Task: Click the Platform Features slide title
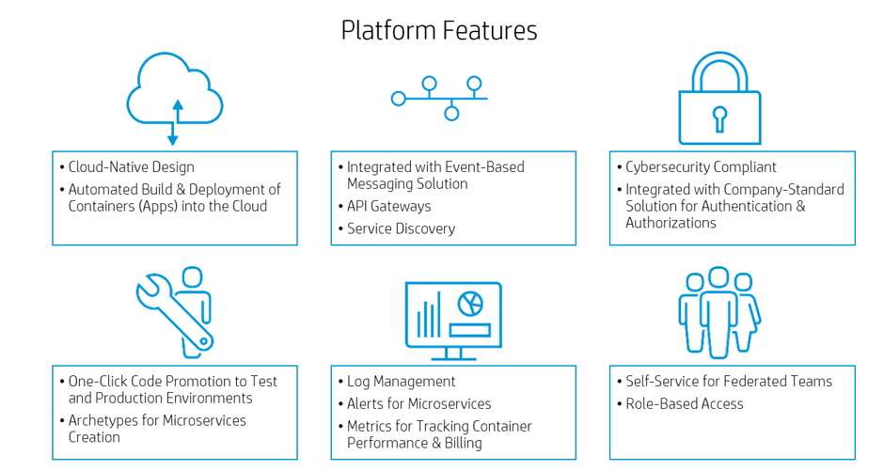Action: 439,30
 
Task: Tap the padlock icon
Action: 719,102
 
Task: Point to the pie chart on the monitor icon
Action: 468,303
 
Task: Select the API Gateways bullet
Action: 388,206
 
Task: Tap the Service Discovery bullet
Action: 401,228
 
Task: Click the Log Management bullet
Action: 401,382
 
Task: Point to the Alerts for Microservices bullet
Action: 418,404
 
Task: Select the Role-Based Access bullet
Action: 684,404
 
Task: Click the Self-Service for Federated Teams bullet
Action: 729,382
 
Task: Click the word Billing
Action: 461,443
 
